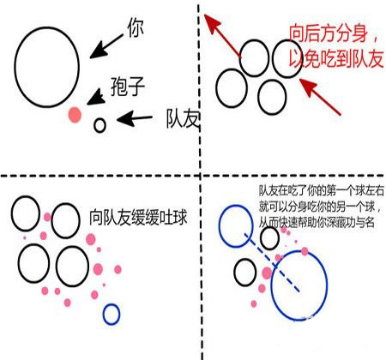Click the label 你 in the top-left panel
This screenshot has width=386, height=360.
pos(136,27)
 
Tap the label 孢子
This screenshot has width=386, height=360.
pos(128,87)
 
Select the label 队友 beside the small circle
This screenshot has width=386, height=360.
pos(183,119)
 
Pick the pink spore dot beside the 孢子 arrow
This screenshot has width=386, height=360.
pos(75,115)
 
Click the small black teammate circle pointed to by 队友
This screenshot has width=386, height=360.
pos(100,125)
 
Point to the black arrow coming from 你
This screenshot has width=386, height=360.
pos(106,46)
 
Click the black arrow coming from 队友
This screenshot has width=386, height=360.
pos(135,118)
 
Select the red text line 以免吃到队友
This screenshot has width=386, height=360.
pos(336,59)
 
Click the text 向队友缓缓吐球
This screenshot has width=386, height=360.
pos(138,218)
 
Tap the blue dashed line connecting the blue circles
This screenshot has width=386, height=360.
pos(272,263)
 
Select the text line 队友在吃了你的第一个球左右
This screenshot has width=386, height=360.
pos(322,191)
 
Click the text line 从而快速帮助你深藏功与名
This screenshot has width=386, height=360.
pos(317,223)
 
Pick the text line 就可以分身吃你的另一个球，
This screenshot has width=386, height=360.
pos(320,207)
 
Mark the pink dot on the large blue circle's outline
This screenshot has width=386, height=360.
pos(305,251)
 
